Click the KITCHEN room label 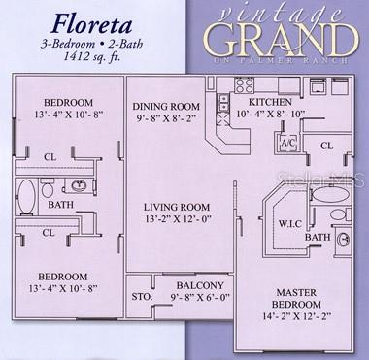(272, 102)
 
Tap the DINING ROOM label (167, 110)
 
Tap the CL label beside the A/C (326, 146)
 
